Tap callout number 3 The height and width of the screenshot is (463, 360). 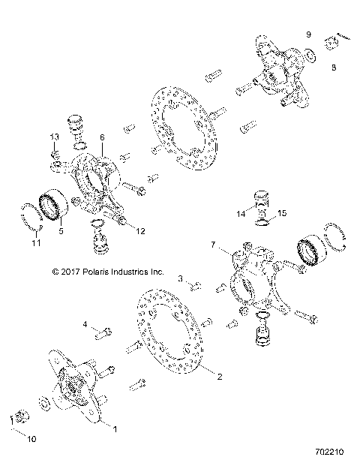(x=179, y=278)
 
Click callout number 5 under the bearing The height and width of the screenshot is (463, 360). (x=61, y=232)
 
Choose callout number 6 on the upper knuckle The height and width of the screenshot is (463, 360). (x=102, y=138)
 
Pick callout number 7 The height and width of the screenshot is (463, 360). (x=214, y=245)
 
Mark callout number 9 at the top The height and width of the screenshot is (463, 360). (x=307, y=35)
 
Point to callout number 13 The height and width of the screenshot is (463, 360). (x=54, y=136)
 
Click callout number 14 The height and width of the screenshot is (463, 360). (x=241, y=213)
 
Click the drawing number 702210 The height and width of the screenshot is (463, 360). (x=328, y=453)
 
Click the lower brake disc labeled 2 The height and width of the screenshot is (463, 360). (x=180, y=337)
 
